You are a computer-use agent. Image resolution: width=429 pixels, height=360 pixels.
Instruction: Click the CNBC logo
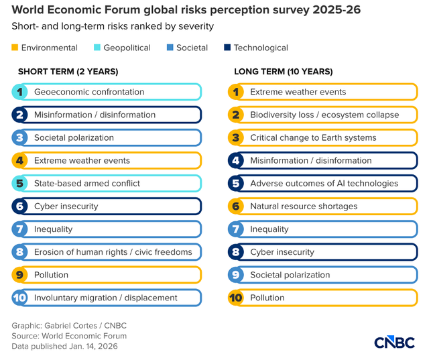pyautogui.click(x=394, y=341)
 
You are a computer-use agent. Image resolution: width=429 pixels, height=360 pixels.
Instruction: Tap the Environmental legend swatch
pyautogui.click(x=15, y=48)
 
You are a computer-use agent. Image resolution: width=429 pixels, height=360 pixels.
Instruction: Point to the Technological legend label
pyautogui.click(x=261, y=48)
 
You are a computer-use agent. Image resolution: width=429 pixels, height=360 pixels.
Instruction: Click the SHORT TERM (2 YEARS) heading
pyautogui.click(x=68, y=72)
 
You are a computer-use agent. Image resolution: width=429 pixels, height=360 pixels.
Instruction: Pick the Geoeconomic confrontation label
pyautogui.click(x=89, y=92)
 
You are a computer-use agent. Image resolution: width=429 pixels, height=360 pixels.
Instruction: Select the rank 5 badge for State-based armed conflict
pyautogui.click(x=20, y=184)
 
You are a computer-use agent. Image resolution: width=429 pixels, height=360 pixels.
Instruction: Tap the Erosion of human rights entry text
pyautogui.click(x=113, y=252)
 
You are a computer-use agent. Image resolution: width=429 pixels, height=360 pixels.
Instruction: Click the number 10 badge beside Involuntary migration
pyautogui.click(x=20, y=298)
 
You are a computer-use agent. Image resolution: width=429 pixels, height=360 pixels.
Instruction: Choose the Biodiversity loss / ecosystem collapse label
pyautogui.click(x=324, y=115)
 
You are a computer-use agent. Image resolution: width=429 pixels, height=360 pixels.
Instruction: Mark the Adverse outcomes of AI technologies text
pyautogui.click(x=324, y=184)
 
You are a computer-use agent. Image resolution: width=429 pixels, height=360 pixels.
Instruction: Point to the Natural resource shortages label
pyautogui.click(x=304, y=206)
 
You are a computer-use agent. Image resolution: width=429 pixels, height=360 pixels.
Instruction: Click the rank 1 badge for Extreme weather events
pyautogui.click(x=236, y=92)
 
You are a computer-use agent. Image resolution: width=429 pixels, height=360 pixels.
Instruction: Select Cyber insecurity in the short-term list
pyautogui.click(x=66, y=206)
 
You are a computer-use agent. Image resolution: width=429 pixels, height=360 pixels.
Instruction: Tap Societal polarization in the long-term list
pyautogui.click(x=290, y=275)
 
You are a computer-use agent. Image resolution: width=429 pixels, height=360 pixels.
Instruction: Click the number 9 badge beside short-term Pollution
pyautogui.click(x=20, y=275)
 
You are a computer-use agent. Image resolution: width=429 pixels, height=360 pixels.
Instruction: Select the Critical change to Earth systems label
pyautogui.click(x=313, y=137)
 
